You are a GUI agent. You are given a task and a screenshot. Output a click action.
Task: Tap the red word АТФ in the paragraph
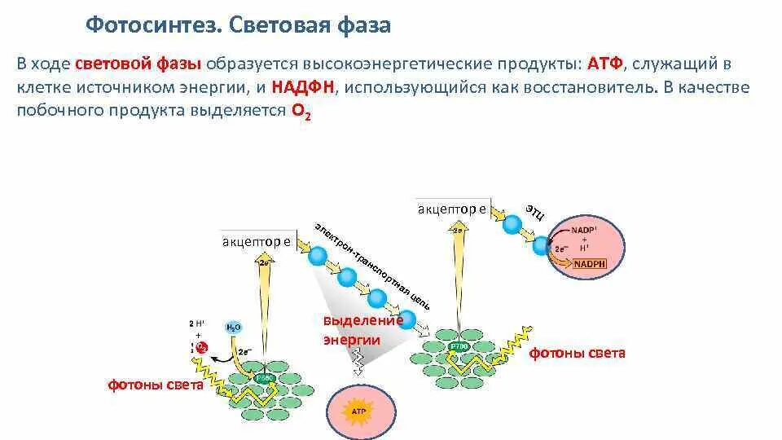[598, 64]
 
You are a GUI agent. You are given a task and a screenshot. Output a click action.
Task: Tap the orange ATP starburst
[359, 412]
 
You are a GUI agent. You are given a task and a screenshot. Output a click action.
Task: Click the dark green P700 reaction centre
[458, 345]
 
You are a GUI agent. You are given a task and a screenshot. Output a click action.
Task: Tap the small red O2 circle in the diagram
[203, 348]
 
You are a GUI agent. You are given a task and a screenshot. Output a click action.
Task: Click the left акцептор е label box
[257, 241]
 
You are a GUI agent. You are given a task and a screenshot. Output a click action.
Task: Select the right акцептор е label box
[452, 209]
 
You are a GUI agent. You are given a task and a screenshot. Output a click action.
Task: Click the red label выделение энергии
[352, 330]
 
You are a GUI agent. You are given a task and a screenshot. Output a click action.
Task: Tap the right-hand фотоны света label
[578, 354]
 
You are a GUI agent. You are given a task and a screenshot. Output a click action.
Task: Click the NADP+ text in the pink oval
[583, 230]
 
